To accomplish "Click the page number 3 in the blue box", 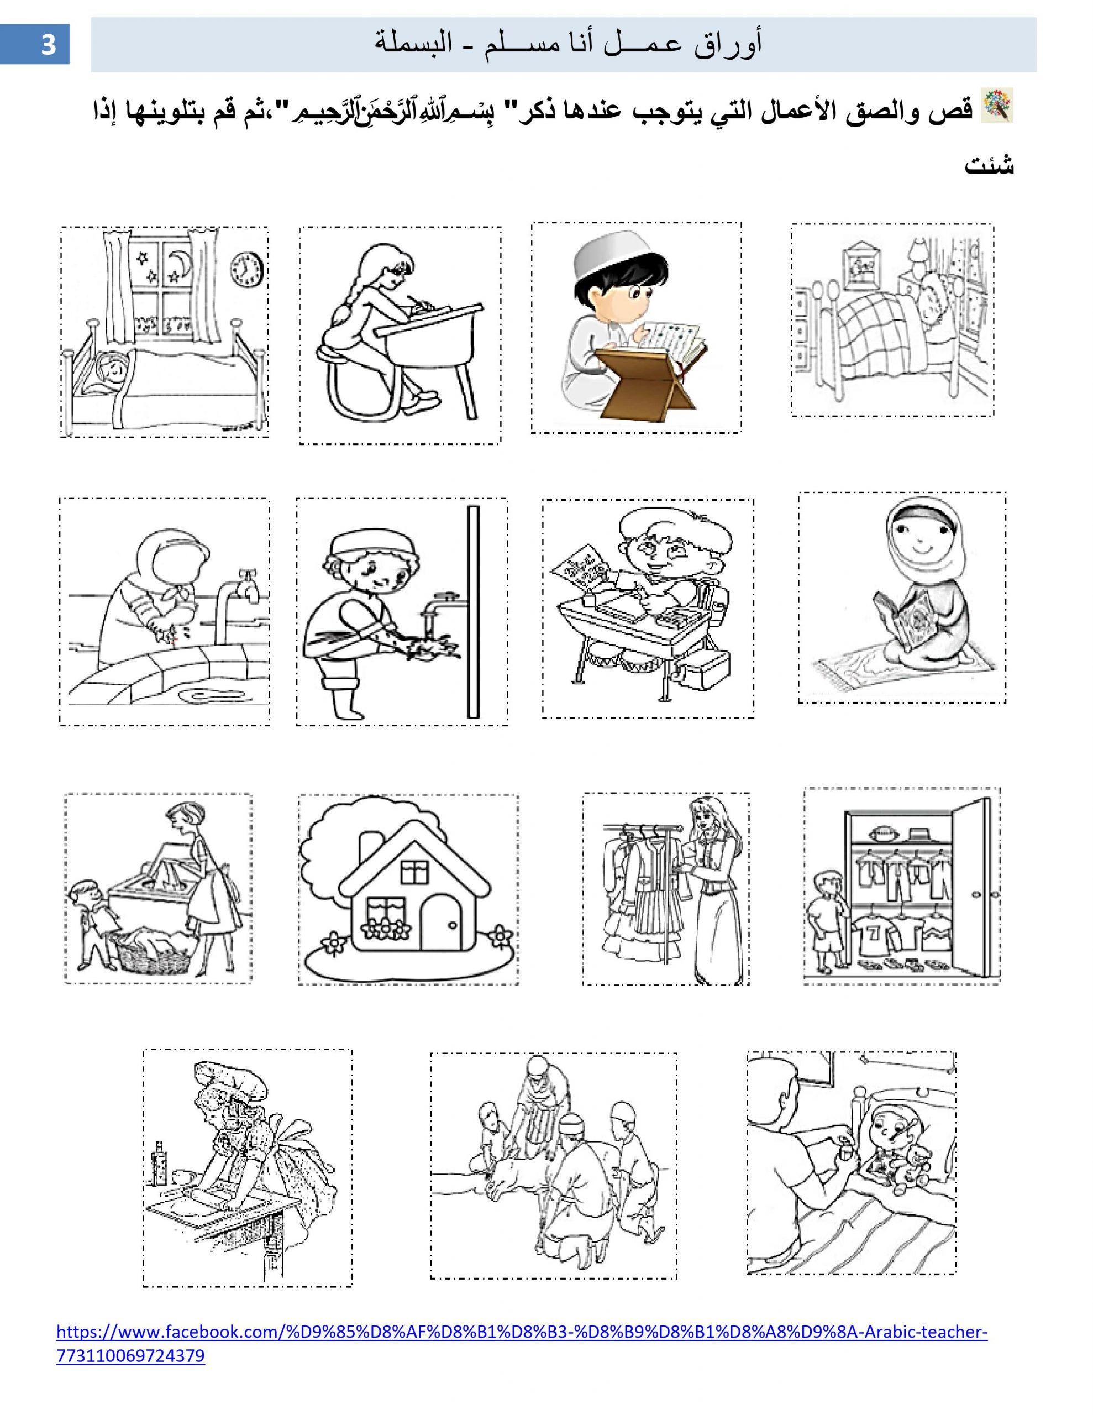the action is [x=49, y=45].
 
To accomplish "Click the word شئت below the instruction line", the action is [x=989, y=165].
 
